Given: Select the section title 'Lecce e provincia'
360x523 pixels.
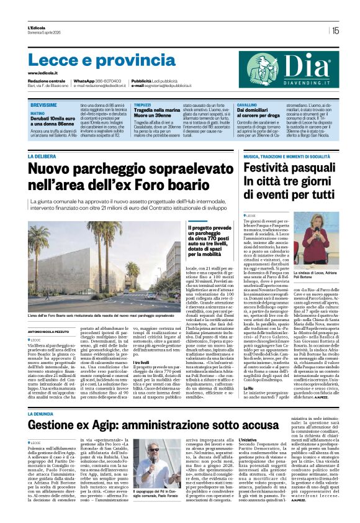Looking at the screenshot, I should tap(93, 60).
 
